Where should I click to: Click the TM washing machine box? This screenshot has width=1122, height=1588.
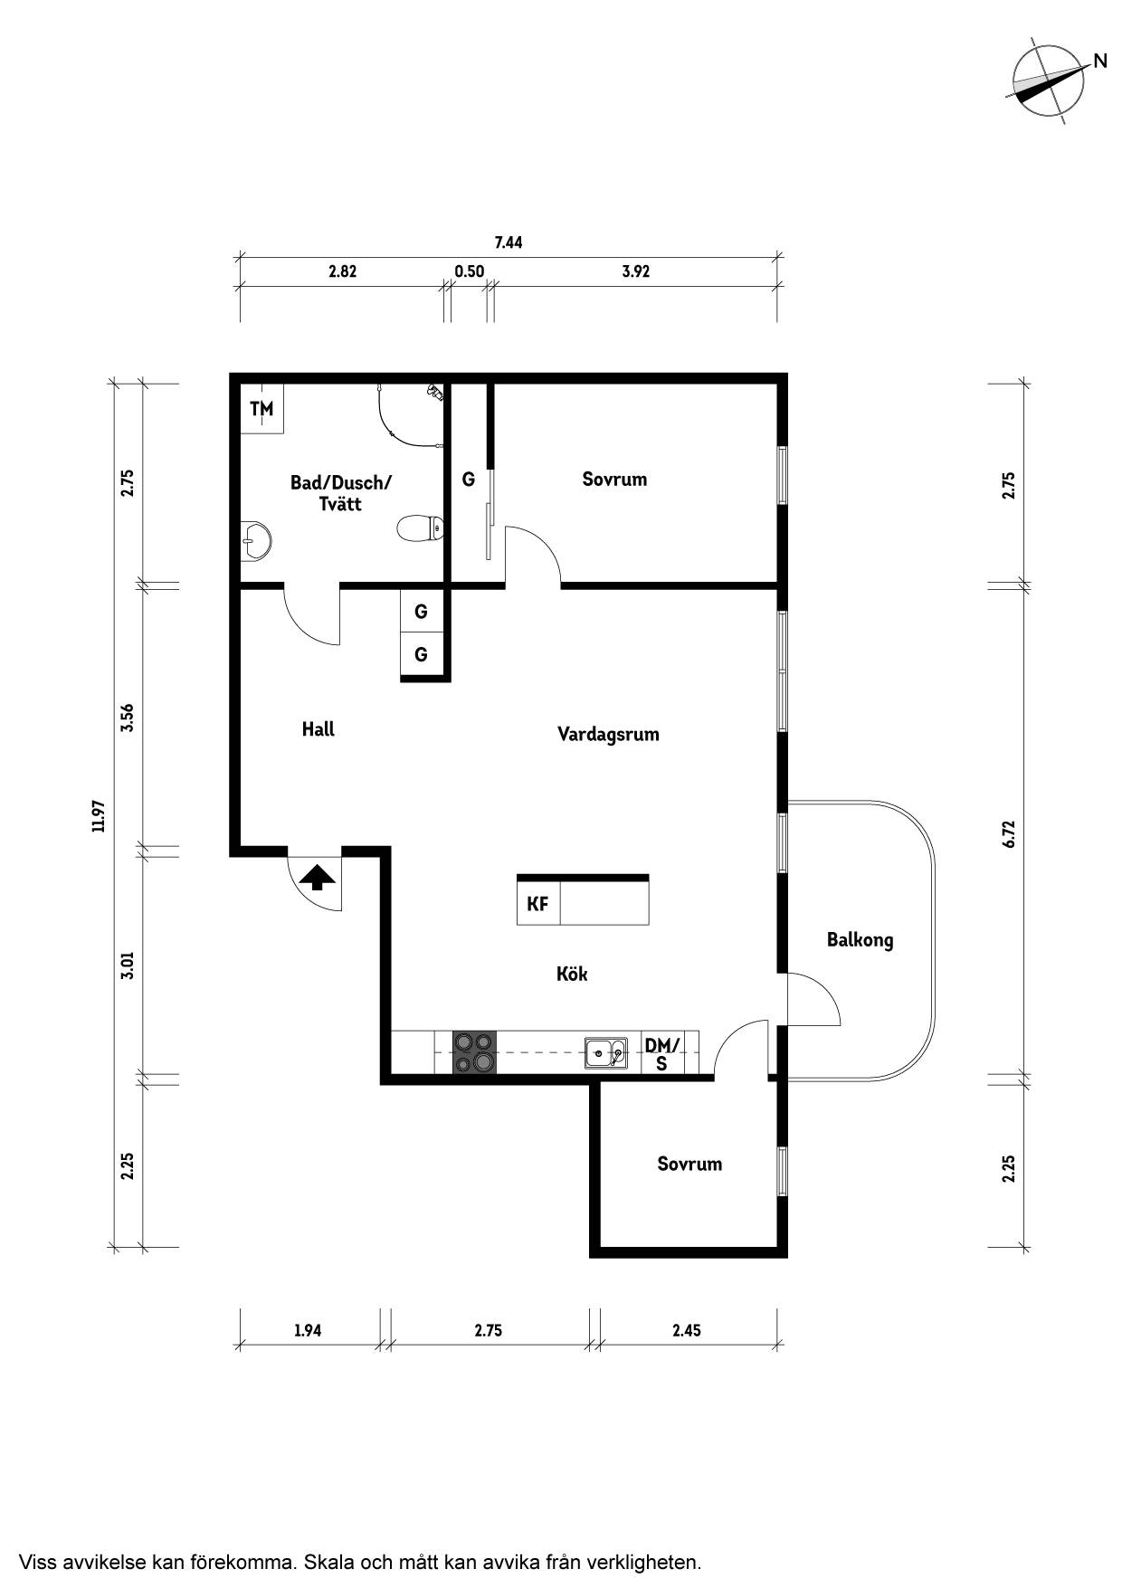pos(262,408)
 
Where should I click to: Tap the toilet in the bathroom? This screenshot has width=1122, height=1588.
pos(421,527)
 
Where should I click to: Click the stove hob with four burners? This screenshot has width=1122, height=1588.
pos(475,1052)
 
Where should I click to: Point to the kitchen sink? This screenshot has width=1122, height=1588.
pos(605,1052)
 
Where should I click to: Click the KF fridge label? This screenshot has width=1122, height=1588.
pos(537,903)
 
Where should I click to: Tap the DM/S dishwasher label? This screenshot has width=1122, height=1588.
pos(661,1054)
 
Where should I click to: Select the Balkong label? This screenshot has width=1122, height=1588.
pos(860,940)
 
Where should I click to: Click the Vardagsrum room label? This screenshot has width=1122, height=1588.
pos(608,734)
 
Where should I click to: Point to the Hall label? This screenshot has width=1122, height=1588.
pos(319,728)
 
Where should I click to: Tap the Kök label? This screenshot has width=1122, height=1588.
pos(572,974)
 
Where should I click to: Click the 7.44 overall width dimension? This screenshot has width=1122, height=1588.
pos(509,242)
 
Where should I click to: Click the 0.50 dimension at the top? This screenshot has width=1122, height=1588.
pos(469,271)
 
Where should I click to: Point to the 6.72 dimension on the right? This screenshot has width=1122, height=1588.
pos(1010,833)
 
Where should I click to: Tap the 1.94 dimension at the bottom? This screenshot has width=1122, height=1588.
pos(308,1330)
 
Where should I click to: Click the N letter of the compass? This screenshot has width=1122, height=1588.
pos(1100,62)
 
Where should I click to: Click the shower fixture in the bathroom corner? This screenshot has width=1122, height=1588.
pos(436,392)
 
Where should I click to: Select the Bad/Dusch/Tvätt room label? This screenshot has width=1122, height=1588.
pos(340,493)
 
